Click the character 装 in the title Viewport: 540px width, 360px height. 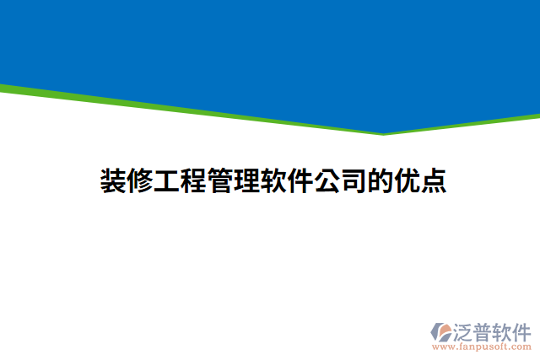point(115,181)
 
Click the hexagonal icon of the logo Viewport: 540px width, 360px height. point(440,331)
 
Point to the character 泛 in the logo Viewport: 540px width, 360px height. point(463,330)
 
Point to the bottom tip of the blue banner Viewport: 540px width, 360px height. point(384,132)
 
